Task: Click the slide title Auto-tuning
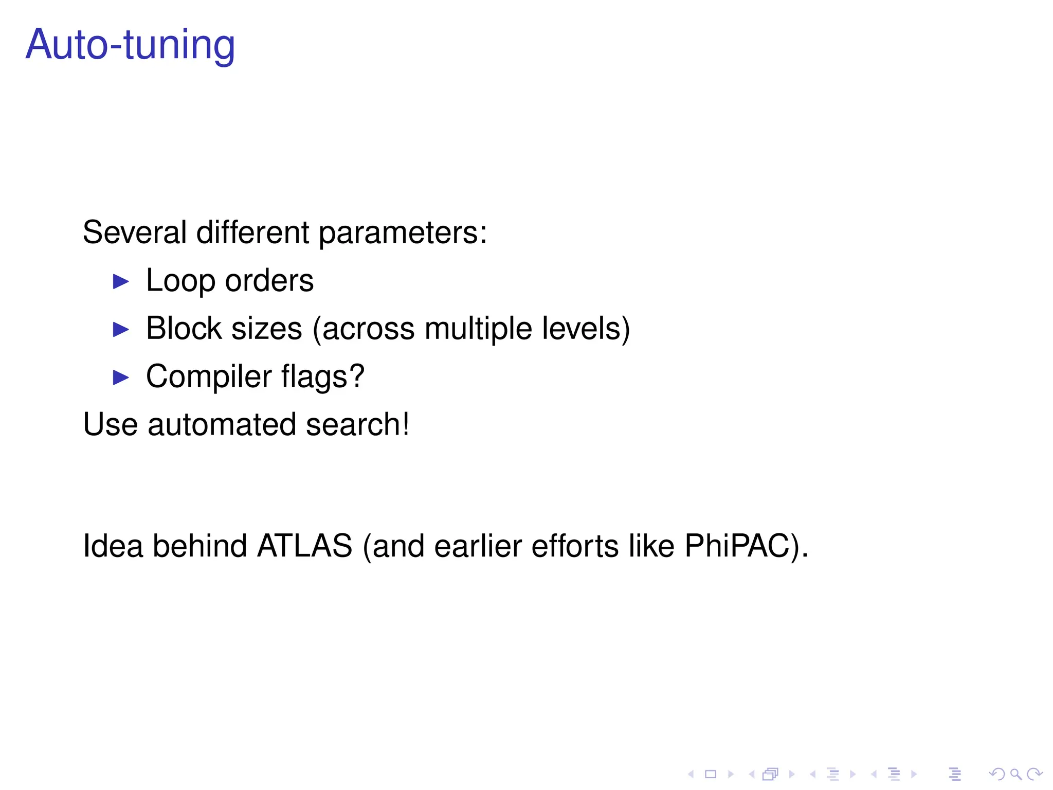click(130, 45)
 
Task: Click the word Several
click(134, 232)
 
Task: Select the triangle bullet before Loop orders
click(121, 281)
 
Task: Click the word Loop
click(180, 281)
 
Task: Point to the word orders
click(269, 281)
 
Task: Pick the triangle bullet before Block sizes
click(121, 329)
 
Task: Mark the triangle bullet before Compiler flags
click(121, 378)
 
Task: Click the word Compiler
click(208, 377)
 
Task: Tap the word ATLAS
click(304, 546)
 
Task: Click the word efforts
click(575, 546)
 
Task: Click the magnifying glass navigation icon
click(1015, 774)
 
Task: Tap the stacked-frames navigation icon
click(770, 774)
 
